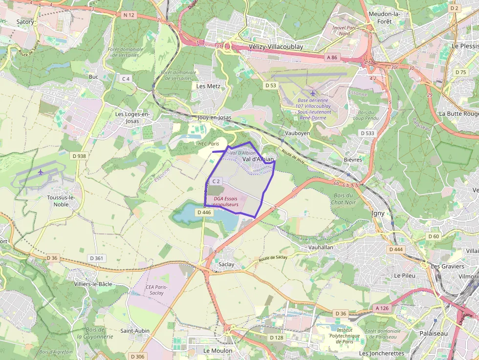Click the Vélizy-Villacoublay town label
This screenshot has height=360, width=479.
[276, 47]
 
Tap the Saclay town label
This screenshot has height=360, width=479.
[226, 264]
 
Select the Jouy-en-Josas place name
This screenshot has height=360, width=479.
[215, 118]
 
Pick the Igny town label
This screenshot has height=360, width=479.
[378, 213]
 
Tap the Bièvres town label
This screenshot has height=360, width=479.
[353, 159]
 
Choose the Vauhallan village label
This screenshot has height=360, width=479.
[321, 248]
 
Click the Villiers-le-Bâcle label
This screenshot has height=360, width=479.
[92, 284]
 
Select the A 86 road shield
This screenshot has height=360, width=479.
[331, 58]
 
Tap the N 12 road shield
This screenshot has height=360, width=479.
[129, 15]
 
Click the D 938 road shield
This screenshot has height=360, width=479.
[78, 156]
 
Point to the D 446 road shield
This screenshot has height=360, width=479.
[203, 212]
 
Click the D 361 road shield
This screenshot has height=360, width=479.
[96, 258]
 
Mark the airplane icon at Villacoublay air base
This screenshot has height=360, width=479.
[313, 93]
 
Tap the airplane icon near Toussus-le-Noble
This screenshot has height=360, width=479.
[41, 172]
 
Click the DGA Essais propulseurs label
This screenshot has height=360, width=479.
[226, 202]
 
